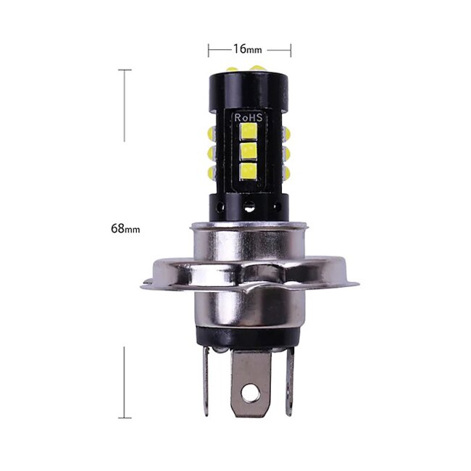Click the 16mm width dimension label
248,49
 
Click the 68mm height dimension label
125,228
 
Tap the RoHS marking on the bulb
249,117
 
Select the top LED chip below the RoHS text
249,133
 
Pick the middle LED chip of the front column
249,152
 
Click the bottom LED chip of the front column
249,172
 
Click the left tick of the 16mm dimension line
209,49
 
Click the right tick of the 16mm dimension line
291,49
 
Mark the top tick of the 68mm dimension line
125,70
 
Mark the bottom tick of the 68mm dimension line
125,418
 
